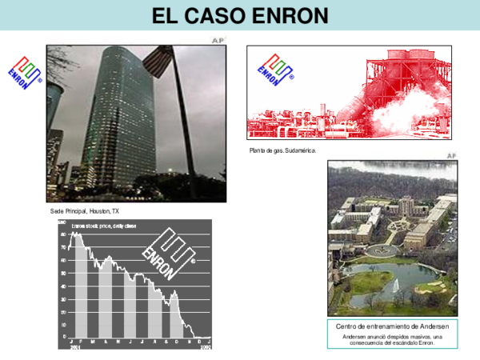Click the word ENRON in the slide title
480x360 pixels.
[x=286, y=14]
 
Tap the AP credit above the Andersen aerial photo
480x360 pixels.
[x=451, y=155]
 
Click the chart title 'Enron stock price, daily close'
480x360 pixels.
[x=104, y=226]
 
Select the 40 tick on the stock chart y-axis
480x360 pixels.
[x=63, y=286]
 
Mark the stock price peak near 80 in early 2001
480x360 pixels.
[x=74, y=235]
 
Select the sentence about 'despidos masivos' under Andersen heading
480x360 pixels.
[x=392, y=340]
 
